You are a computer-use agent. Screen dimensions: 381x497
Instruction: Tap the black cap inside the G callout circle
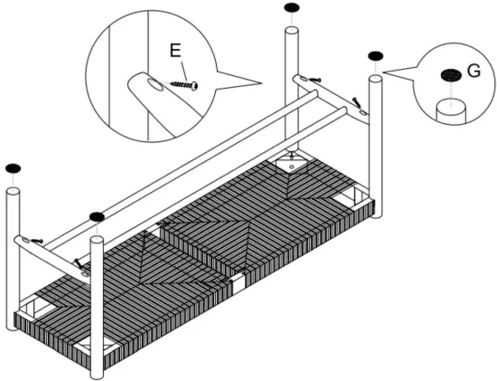449,77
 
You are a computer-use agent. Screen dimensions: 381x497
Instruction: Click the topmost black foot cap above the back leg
291,8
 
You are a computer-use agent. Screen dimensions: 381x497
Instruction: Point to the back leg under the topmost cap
292,90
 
